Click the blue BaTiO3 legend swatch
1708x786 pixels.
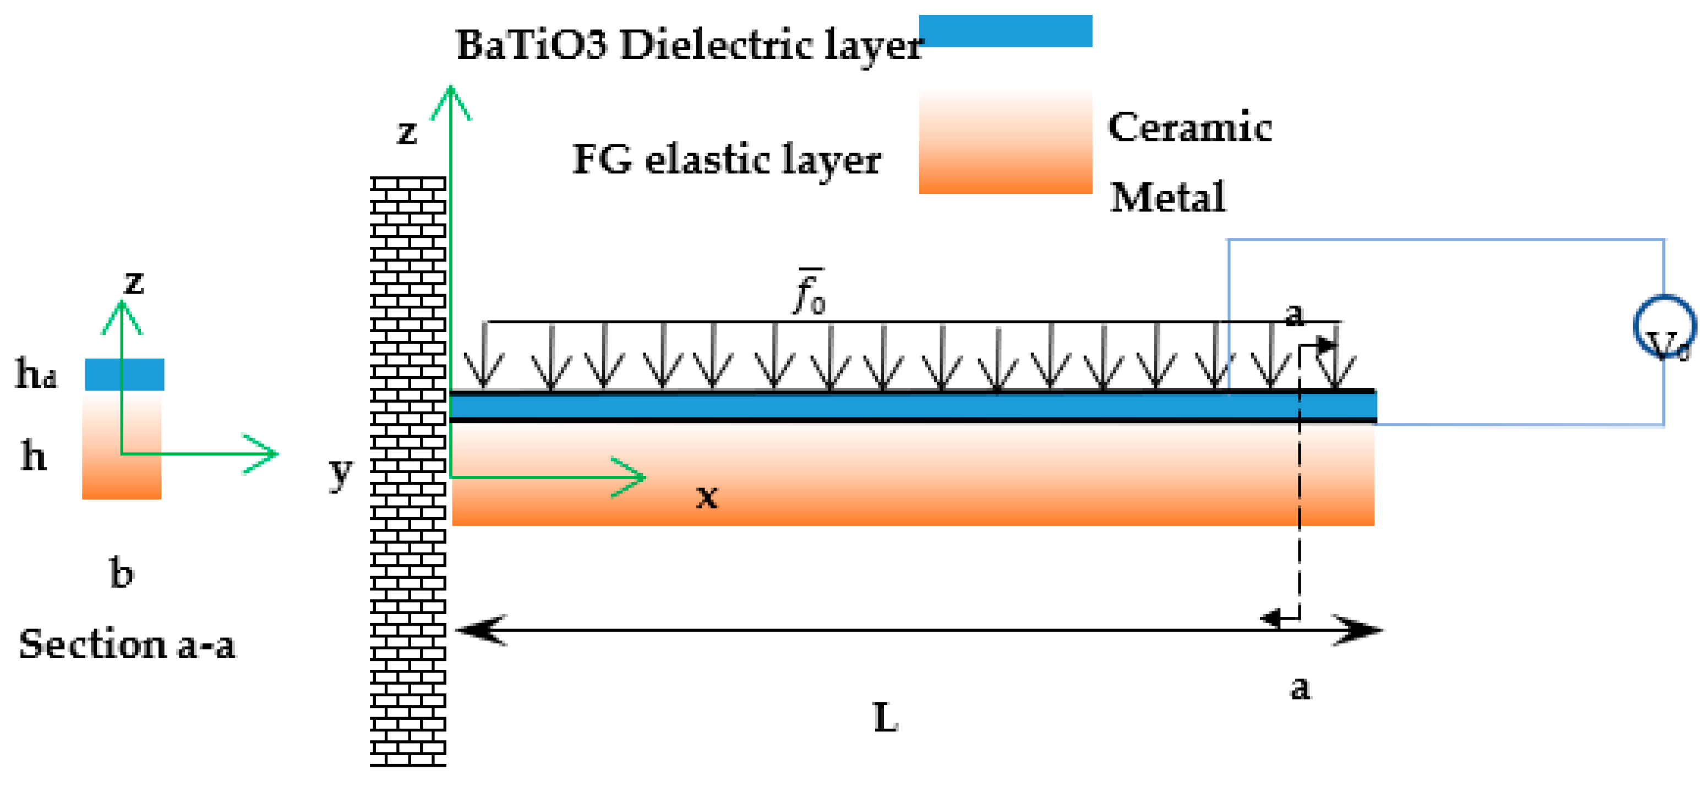click(1005, 31)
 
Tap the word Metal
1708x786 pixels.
click(1167, 197)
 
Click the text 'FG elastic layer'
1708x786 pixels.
click(726, 160)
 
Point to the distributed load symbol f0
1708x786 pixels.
click(810, 292)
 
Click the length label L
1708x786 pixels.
click(885, 718)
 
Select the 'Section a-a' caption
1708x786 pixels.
click(127, 645)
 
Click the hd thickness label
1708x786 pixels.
click(36, 375)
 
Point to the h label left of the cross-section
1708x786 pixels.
click(33, 457)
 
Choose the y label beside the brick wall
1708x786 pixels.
click(341, 472)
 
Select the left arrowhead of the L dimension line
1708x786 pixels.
click(481, 630)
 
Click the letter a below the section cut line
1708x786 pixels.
click(1300, 688)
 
